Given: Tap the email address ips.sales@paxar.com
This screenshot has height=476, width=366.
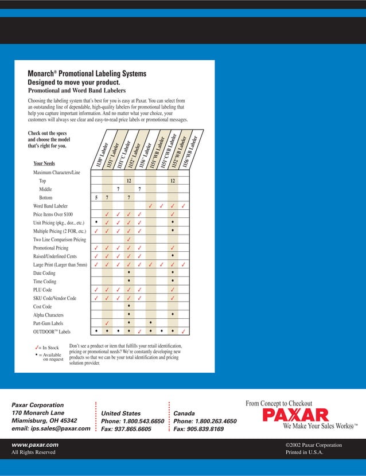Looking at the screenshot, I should pyautogui.click(x=51, y=428).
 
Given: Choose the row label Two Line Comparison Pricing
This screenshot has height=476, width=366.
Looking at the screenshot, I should pyautogui.click(x=59, y=239).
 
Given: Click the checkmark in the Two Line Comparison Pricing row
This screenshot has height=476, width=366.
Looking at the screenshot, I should pyautogui.click(x=129, y=239).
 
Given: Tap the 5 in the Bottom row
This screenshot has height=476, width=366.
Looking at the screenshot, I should pyautogui.click(x=96, y=197).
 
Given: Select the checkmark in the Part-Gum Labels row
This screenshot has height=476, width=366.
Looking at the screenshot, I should pyautogui.click(x=107, y=323).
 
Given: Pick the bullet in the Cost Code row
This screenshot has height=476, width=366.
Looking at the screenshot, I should pyautogui.click(x=129, y=306).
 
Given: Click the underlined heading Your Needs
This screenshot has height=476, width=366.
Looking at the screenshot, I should pyautogui.click(x=44, y=163).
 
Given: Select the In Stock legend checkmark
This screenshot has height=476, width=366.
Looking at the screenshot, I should pyautogui.click(x=37, y=348).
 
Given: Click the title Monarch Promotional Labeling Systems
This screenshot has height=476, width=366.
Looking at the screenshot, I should pyautogui.click(x=87, y=73).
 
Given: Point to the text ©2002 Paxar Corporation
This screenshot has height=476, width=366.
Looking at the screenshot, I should pyautogui.click(x=313, y=444).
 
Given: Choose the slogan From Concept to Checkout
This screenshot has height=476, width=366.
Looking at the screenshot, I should pyautogui.click(x=279, y=403).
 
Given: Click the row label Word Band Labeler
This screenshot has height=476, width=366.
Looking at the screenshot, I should pyautogui.click(x=50, y=205).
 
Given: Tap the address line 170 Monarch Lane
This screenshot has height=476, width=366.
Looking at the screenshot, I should pyautogui.click(x=39, y=412).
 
